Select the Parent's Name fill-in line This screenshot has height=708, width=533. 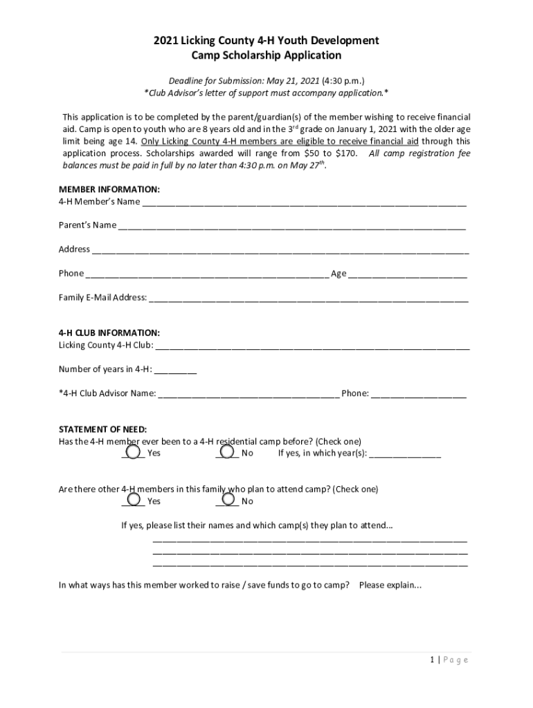point(291,227)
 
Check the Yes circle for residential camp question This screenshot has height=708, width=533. point(134,449)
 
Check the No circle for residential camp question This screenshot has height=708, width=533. point(228,449)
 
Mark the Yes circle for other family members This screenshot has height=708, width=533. point(134,498)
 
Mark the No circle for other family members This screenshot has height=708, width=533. point(228,498)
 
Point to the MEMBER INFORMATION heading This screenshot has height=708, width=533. point(109,189)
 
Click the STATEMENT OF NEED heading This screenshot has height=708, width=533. point(102,429)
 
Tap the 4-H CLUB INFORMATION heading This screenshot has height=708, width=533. point(109,333)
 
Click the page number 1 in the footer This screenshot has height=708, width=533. point(431,660)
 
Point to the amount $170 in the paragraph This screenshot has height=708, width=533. point(346,153)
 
